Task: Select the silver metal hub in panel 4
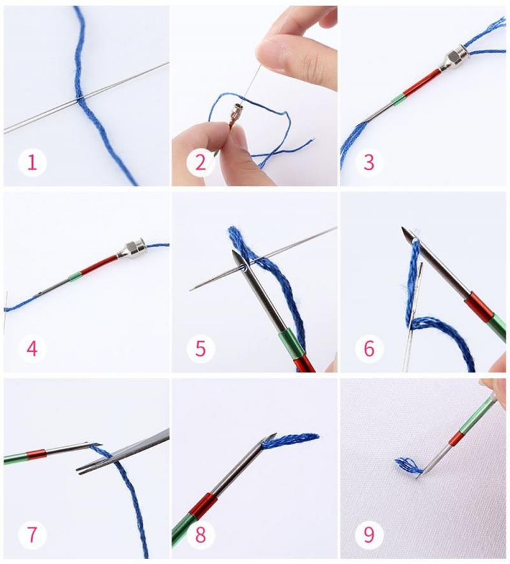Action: [x=134, y=247]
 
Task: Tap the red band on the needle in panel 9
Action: [x=456, y=439]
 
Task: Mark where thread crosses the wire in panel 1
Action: [x=80, y=99]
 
